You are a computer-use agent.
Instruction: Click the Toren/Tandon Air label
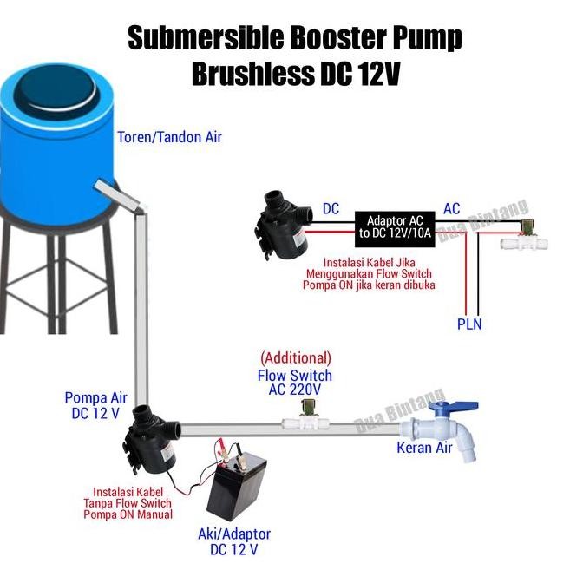(x=170, y=137)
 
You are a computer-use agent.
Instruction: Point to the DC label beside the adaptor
(x=331, y=209)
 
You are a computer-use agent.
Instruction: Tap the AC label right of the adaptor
(x=452, y=209)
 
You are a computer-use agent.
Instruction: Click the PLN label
(x=469, y=324)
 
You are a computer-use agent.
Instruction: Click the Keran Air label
(x=424, y=448)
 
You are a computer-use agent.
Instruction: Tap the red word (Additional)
(x=295, y=357)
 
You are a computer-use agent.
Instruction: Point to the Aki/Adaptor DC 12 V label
(x=234, y=542)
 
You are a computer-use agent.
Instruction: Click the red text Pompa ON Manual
(x=128, y=514)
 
